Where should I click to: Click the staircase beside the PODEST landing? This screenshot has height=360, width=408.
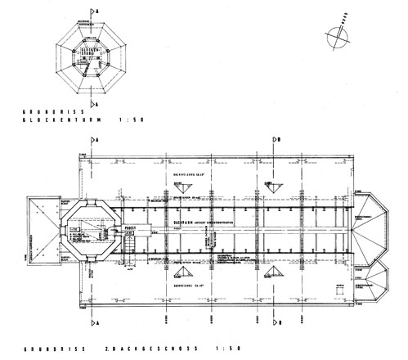(x=129, y=242)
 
